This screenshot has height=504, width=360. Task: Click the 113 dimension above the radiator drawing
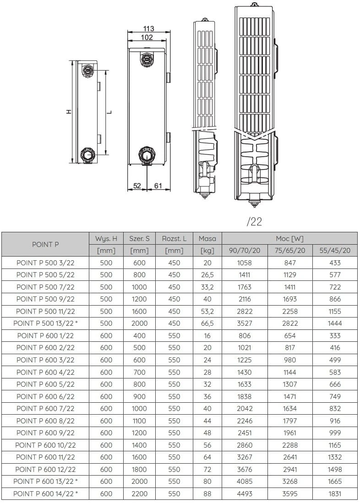(148, 29)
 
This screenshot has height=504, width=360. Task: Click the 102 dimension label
(147, 38)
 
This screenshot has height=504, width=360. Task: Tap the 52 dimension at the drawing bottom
(137, 186)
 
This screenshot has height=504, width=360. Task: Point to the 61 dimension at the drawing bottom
(158, 186)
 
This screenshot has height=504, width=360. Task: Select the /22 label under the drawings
(254, 222)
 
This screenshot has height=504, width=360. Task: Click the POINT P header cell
(45, 244)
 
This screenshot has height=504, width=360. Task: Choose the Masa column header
(207, 238)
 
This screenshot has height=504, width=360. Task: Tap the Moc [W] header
(289, 238)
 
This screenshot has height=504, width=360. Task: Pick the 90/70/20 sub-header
(245, 251)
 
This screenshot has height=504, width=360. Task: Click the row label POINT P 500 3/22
(45, 263)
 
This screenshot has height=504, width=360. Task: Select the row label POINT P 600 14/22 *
(45, 493)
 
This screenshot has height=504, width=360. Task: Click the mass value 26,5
(207, 275)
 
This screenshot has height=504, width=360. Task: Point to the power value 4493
(245, 493)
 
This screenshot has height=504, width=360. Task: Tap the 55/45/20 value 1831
(335, 493)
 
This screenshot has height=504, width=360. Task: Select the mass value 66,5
(207, 323)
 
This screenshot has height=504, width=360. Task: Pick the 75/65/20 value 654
(290, 335)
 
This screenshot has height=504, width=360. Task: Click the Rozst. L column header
(174, 238)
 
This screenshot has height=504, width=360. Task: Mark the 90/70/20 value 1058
(245, 263)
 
